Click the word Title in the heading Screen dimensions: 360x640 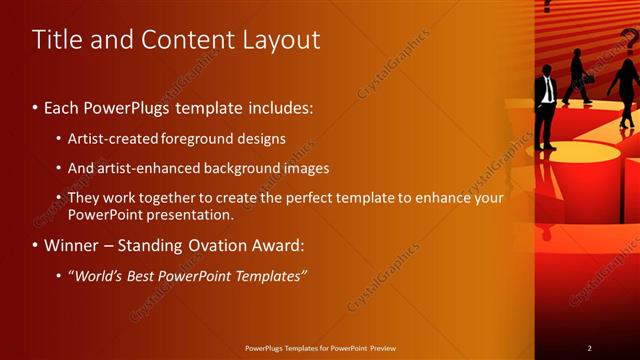58,40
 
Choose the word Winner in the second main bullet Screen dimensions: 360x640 74,245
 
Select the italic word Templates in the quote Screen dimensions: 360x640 269,275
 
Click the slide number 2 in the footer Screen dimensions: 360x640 589,348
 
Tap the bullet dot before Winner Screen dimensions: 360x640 36,245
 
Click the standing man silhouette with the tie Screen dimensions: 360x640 546,105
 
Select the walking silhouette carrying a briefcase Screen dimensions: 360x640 576,78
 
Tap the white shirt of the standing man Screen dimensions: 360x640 547,89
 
